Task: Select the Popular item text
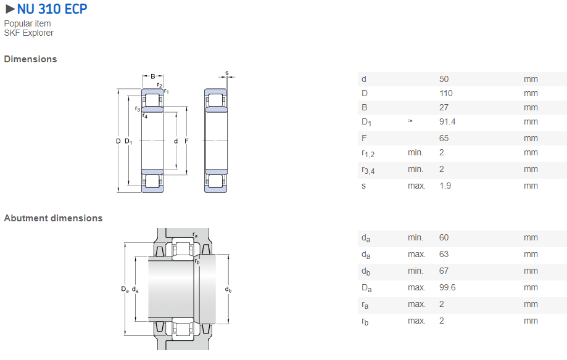coord(27,23)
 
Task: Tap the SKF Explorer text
coord(28,33)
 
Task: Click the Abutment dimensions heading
coord(53,218)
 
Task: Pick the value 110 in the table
coord(445,93)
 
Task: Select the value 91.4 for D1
coord(447,121)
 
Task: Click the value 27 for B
coord(444,107)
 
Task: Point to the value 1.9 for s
coord(445,186)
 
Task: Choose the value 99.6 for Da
coord(447,287)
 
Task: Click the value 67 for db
coord(444,271)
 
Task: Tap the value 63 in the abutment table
coord(444,254)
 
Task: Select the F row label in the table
coord(364,138)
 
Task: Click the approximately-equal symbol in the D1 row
coord(410,121)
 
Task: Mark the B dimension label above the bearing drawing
coord(153,76)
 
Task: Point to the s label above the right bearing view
coord(226,73)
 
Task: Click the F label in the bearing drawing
coord(186,141)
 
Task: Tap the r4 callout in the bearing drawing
coord(145,115)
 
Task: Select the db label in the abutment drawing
coord(228,289)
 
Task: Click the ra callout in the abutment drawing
coord(195,235)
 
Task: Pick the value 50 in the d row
coord(444,79)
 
